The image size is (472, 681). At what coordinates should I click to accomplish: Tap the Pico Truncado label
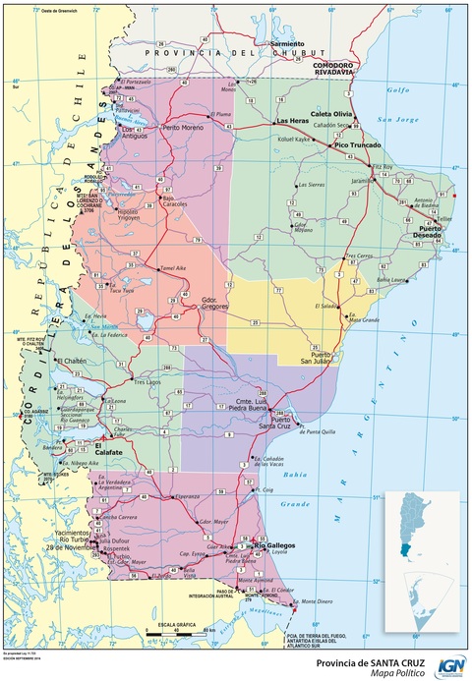356,145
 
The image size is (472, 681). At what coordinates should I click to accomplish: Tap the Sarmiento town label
288,44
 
